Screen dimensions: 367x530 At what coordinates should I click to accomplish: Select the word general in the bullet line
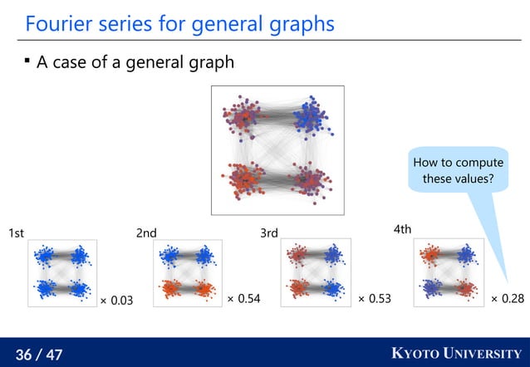[x=148, y=63]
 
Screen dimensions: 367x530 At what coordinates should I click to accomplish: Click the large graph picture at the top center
[x=277, y=149]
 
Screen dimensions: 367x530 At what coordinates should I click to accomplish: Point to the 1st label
[x=17, y=234]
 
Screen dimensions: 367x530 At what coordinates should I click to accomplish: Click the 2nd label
[x=146, y=234]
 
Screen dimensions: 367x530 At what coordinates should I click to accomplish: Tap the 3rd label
[x=269, y=234]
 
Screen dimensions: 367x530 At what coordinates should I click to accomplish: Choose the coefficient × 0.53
[x=375, y=297]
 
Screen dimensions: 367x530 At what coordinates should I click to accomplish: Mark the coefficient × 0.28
[x=507, y=297]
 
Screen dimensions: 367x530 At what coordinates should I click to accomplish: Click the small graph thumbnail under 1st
[x=62, y=273]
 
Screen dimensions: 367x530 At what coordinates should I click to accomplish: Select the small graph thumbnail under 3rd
[x=316, y=273]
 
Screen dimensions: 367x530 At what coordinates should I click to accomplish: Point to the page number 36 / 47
[x=39, y=355]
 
